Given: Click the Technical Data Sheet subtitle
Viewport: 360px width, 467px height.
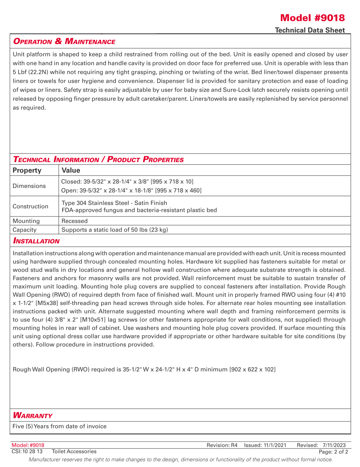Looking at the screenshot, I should pos(310,30).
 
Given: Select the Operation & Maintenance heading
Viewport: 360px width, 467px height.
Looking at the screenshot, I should pos(64,41).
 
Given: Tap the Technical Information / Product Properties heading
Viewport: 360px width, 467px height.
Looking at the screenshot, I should pos(98,159).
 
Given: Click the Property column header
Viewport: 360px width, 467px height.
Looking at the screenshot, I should pos(27,170).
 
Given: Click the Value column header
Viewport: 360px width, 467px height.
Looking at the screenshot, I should pos(71,170).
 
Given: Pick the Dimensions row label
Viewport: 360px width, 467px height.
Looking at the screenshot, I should pos(29,186).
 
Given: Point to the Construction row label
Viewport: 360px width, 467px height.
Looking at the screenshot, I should pos(30,206).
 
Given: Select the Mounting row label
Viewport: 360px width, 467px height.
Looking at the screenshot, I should pos(26,221).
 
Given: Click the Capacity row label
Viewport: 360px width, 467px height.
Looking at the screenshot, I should pos(24,230).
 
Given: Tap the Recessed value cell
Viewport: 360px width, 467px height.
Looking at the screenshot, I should pos(75,221).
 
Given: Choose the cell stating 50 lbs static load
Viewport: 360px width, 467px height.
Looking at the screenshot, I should pos(115,230).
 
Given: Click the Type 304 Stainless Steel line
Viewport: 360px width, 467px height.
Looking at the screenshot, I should pos(114,203).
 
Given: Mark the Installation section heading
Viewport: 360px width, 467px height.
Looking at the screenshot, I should pos(36,241).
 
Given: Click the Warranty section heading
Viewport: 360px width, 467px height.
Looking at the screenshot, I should pos(32,416).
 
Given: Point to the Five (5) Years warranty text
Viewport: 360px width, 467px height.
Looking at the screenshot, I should pos(59,426).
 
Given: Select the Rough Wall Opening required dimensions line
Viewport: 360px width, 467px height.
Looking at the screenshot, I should pos(144,369).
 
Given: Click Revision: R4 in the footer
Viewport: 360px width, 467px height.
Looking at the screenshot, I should pos(222,445).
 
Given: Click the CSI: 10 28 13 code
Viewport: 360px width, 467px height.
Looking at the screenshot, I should pos(27,451).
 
